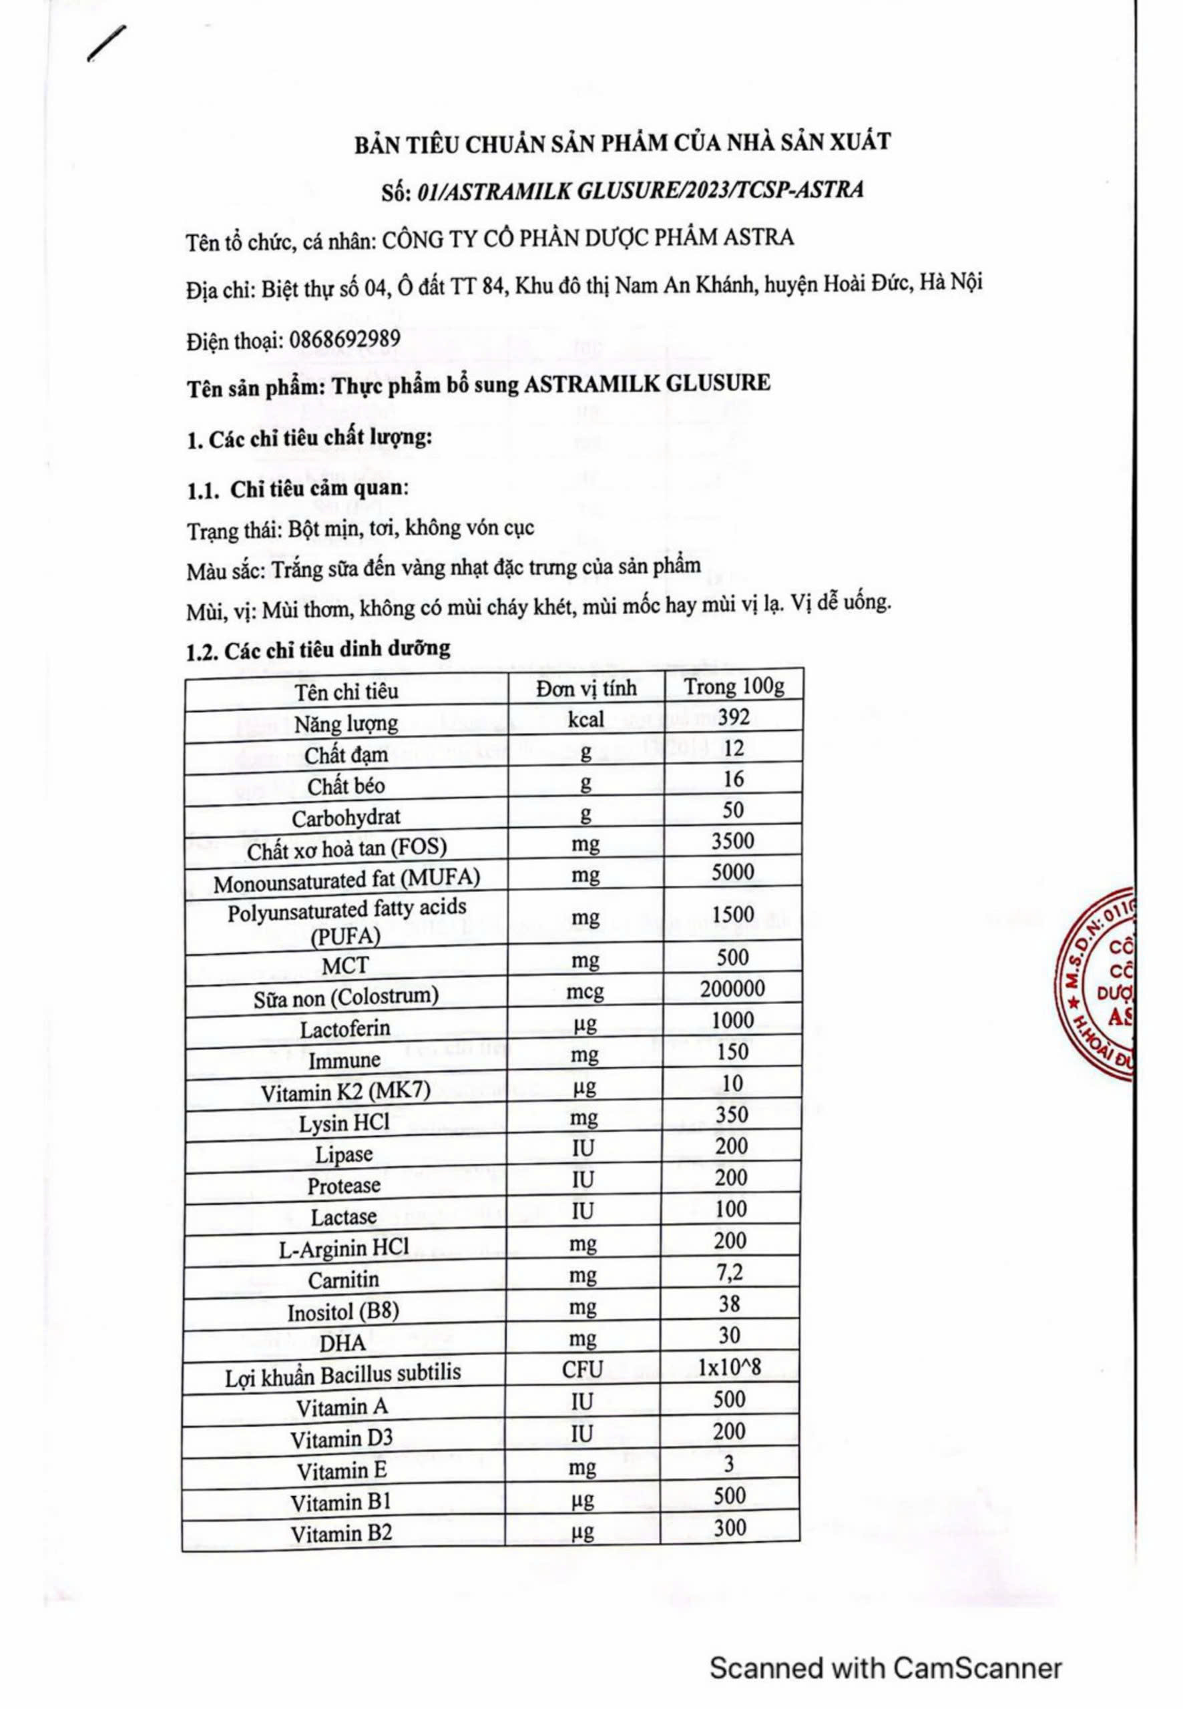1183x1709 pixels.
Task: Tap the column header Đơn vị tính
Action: click(x=585, y=688)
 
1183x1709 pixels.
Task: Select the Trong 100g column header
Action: click(x=733, y=686)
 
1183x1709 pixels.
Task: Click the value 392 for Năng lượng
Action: click(x=733, y=717)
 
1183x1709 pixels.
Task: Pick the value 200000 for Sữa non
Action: click(x=732, y=989)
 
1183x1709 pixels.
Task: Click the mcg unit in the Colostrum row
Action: click(x=585, y=991)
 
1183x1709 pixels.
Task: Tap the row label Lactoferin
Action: click(x=344, y=1029)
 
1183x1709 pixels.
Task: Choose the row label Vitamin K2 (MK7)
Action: click(x=345, y=1092)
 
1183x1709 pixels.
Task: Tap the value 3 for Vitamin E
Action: click(x=730, y=1465)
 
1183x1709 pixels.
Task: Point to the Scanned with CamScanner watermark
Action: click(x=886, y=1647)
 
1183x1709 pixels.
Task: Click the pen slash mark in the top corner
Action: click(x=106, y=45)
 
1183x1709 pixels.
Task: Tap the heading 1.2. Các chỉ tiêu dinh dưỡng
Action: click(x=318, y=649)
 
